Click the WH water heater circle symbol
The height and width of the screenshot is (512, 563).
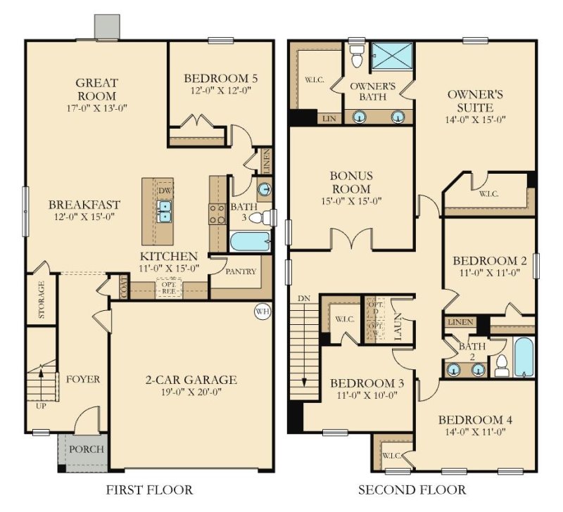pos(262,311)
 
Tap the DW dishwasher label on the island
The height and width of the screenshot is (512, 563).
pos(165,191)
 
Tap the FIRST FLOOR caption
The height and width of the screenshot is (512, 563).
pos(149,489)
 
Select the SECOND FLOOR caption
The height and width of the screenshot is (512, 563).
pos(412,489)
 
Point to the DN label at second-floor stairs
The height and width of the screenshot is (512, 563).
pos(304,298)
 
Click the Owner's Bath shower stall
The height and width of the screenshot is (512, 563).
pos(392,54)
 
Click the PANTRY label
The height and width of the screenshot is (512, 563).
pos(241,271)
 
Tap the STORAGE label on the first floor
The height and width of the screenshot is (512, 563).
pos(42,300)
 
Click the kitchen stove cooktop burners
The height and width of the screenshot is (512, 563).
pos(217,213)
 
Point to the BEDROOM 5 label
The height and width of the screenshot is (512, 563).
pos(220,78)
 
